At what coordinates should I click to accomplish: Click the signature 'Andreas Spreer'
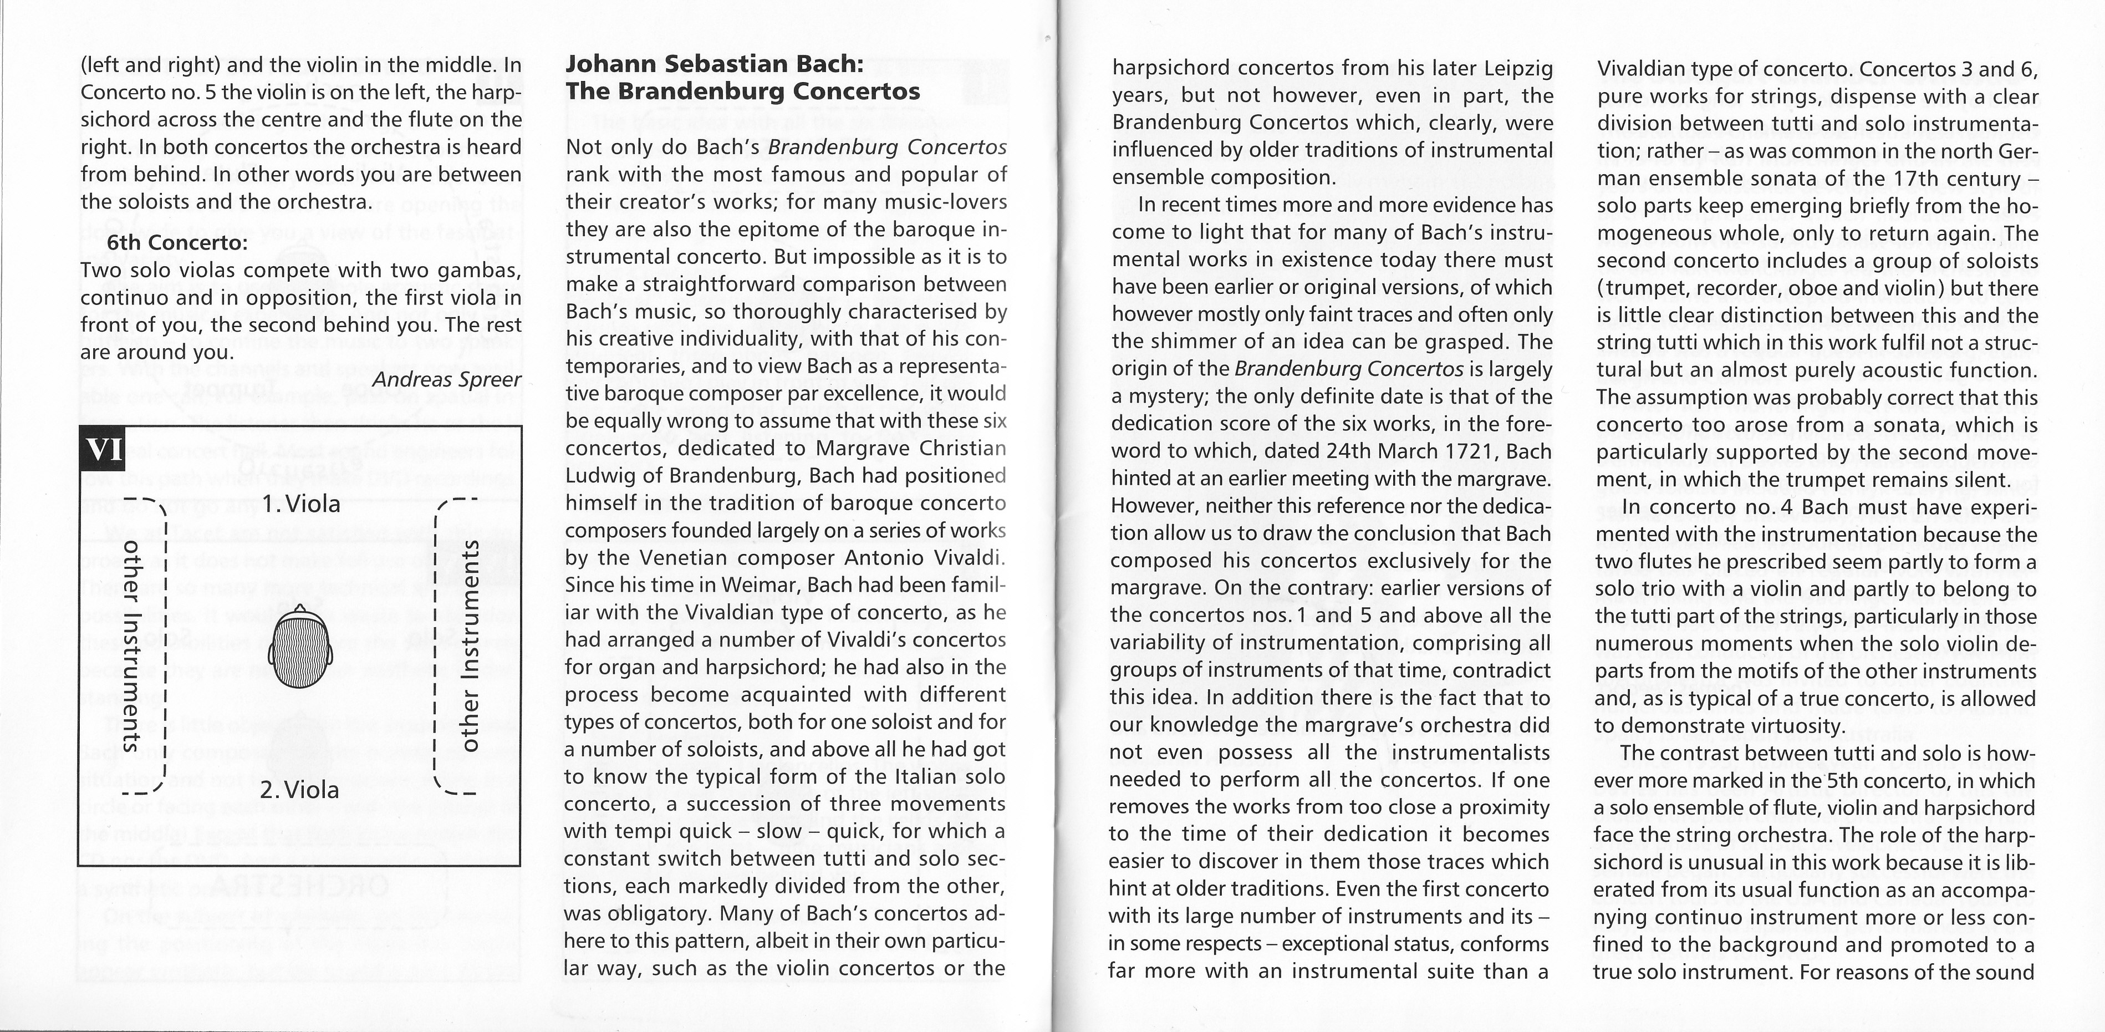coord(446,380)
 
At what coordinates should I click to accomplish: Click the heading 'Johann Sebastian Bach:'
coord(714,64)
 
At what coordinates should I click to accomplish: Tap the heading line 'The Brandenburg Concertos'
coord(743,91)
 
